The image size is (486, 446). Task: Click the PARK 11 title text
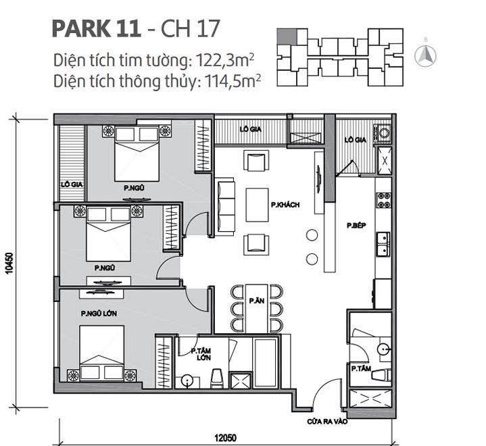point(95,28)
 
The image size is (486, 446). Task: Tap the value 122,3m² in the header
point(220,59)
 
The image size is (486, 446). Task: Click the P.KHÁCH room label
point(284,204)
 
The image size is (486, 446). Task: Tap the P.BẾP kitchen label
point(356,226)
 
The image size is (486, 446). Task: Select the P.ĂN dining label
point(256,300)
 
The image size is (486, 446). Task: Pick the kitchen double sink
point(382,245)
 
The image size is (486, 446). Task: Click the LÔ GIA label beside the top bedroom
point(66,183)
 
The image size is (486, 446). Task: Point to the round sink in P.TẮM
point(383,349)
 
